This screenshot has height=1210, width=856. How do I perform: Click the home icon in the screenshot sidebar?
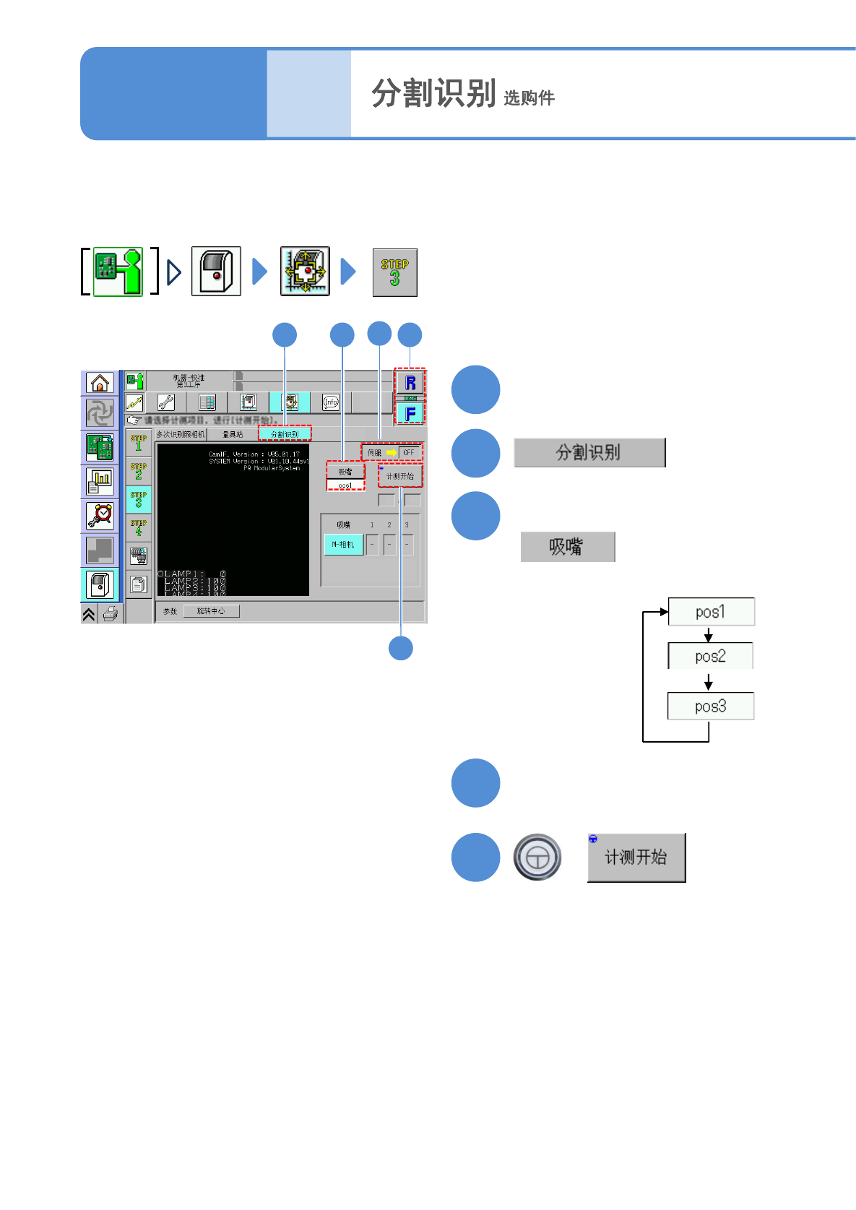[x=100, y=383]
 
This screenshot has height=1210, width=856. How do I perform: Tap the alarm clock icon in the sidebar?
[x=100, y=515]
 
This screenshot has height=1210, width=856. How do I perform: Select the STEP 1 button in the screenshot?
[x=139, y=443]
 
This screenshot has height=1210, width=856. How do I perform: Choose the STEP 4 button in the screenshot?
[x=139, y=528]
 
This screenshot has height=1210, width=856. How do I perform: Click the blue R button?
[x=410, y=383]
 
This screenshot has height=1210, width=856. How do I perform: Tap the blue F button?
[x=410, y=413]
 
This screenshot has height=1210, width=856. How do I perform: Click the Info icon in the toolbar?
[x=331, y=402]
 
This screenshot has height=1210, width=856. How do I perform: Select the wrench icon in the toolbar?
[x=166, y=402]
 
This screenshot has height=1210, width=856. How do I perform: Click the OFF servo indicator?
[x=409, y=453]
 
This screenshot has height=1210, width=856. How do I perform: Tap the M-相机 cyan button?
[x=344, y=545]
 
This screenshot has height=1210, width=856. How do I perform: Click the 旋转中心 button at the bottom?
[x=211, y=611]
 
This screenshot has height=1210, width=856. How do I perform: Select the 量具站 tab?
[x=233, y=434]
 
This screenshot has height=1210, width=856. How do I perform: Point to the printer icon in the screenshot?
[x=111, y=614]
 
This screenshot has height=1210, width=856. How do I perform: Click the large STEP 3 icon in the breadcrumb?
[x=394, y=272]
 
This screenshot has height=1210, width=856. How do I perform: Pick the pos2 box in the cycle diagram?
[x=710, y=656]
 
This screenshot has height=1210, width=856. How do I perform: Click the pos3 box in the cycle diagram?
[x=710, y=706]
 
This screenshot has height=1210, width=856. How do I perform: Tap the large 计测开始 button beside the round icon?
[x=636, y=857]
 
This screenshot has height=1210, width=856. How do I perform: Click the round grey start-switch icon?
[x=537, y=857]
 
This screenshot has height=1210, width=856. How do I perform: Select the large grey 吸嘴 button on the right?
[x=567, y=547]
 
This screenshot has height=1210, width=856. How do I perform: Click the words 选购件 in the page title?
[x=529, y=98]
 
